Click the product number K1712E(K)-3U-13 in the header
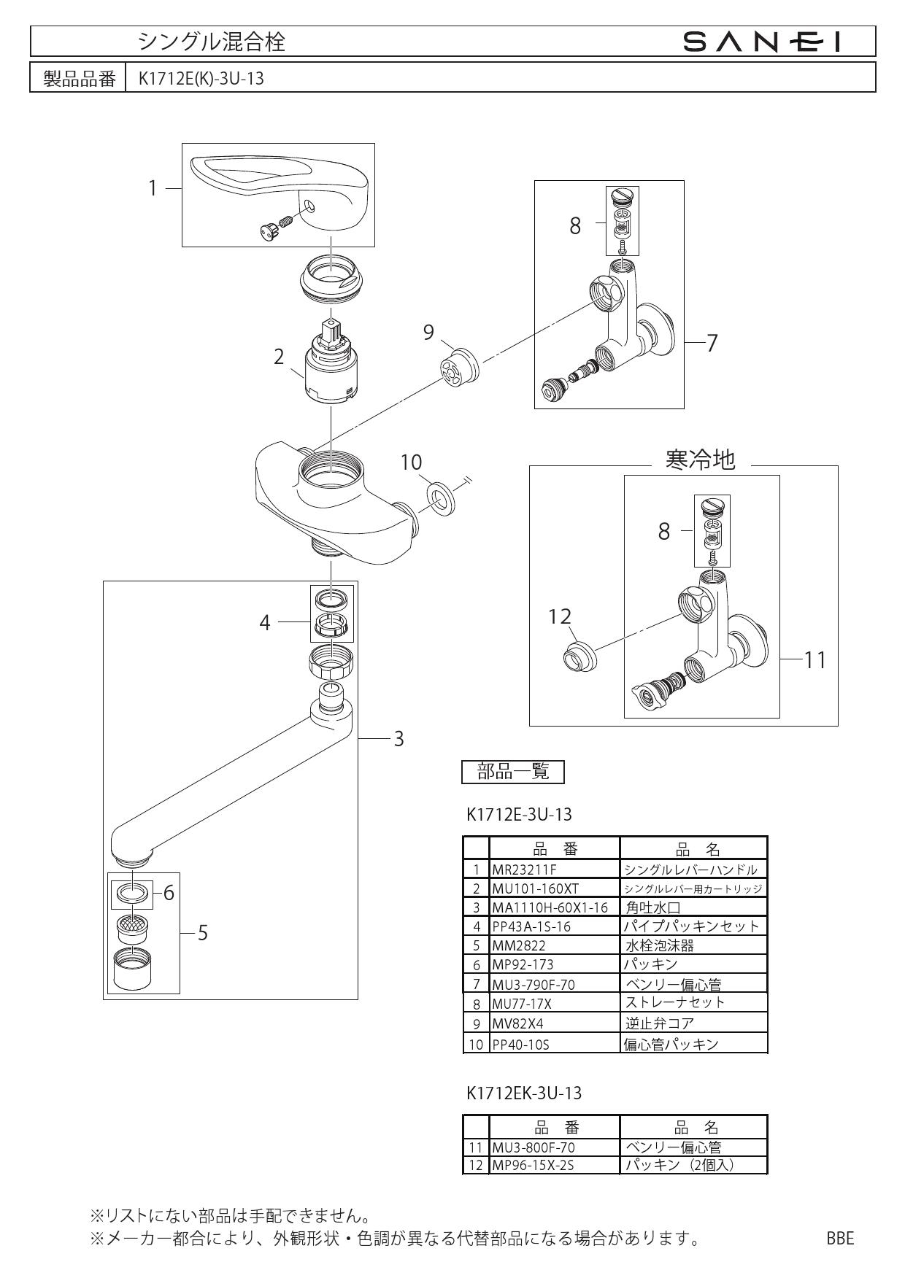tap(201, 79)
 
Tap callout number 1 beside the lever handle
tap(153, 188)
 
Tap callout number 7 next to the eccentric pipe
tap(712, 343)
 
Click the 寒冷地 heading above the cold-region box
tap(700, 460)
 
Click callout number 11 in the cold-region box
tap(815, 660)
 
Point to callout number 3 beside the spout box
tap(398, 739)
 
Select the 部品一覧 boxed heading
tap(513, 771)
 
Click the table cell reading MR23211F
tap(524, 870)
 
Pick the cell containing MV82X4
tap(517, 1023)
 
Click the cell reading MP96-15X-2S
tap(533, 1165)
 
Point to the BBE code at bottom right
tap(840, 1238)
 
